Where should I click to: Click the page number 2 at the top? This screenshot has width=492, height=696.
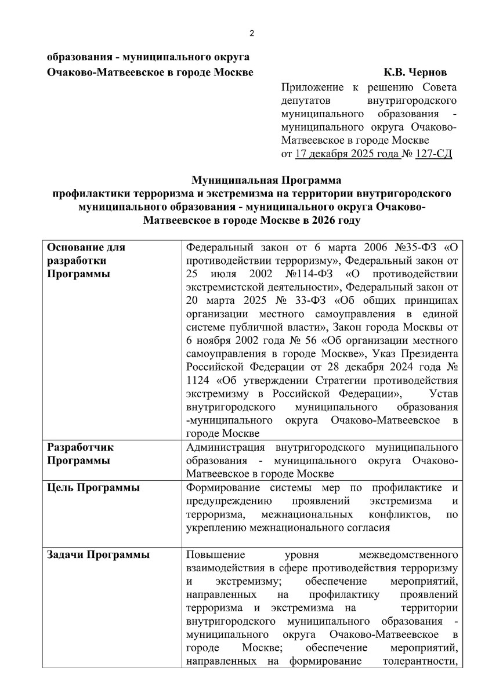pyautogui.click(x=251, y=33)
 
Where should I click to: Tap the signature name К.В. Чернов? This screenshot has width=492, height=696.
pyautogui.click(x=415, y=72)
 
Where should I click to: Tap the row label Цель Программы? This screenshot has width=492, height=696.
pyautogui.click(x=93, y=488)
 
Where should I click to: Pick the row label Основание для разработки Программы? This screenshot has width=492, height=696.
pyautogui.click(x=86, y=260)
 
